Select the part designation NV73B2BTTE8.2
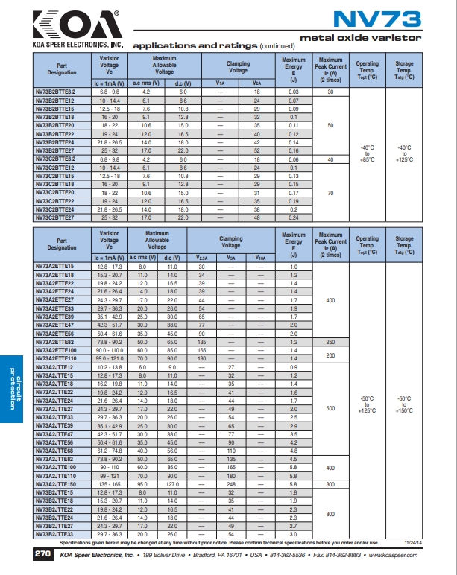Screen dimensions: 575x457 click(56, 91)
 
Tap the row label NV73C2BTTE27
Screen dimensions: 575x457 click(56, 218)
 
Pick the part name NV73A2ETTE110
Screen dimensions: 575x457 click(57, 359)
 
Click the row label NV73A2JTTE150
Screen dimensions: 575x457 click(57, 484)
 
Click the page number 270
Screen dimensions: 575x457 click(43, 555)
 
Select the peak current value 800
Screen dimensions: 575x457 click(330, 514)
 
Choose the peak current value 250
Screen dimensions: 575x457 click(330, 342)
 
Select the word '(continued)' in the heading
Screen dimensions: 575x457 click(277, 46)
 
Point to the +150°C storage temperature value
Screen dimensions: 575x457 click(404, 410)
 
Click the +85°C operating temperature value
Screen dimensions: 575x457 click(368, 160)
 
